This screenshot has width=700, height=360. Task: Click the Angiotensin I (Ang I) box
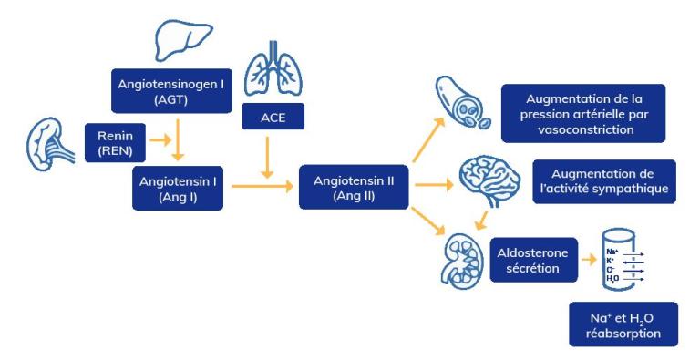pos(176,188)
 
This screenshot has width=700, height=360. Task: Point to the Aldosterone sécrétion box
pos(536,258)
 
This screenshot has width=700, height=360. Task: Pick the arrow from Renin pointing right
pos(160,142)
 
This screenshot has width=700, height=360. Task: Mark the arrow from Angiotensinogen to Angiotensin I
pos(180,138)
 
